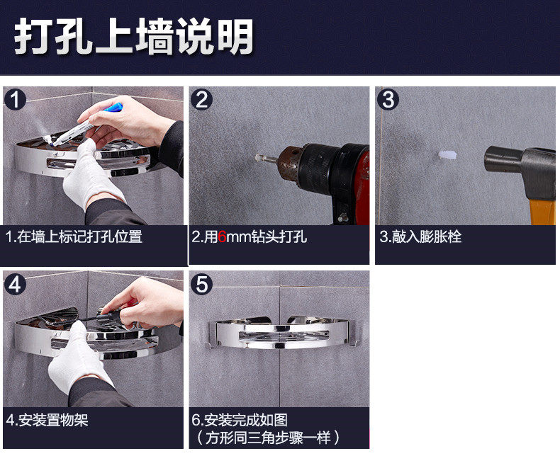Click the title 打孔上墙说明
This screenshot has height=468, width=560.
click(x=134, y=36)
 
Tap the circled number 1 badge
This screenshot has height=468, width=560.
click(x=15, y=99)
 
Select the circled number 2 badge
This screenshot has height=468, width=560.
click(x=201, y=99)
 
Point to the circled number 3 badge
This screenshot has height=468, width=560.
click(x=388, y=99)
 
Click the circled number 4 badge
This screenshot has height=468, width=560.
click(x=15, y=285)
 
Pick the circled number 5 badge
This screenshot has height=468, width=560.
click(x=201, y=285)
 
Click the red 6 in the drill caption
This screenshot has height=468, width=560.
click(x=222, y=237)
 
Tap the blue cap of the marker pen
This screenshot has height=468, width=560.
click(x=113, y=108)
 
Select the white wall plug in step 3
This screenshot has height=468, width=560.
click(x=447, y=155)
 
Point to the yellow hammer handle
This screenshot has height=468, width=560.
click(x=542, y=212)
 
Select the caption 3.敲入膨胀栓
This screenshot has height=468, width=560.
click(x=420, y=237)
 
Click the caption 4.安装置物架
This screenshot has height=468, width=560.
click(x=47, y=420)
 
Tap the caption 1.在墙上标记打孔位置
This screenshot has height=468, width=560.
click(x=74, y=237)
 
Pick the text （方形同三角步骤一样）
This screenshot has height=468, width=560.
click(x=266, y=438)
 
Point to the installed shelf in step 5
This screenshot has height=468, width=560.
click(x=282, y=333)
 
